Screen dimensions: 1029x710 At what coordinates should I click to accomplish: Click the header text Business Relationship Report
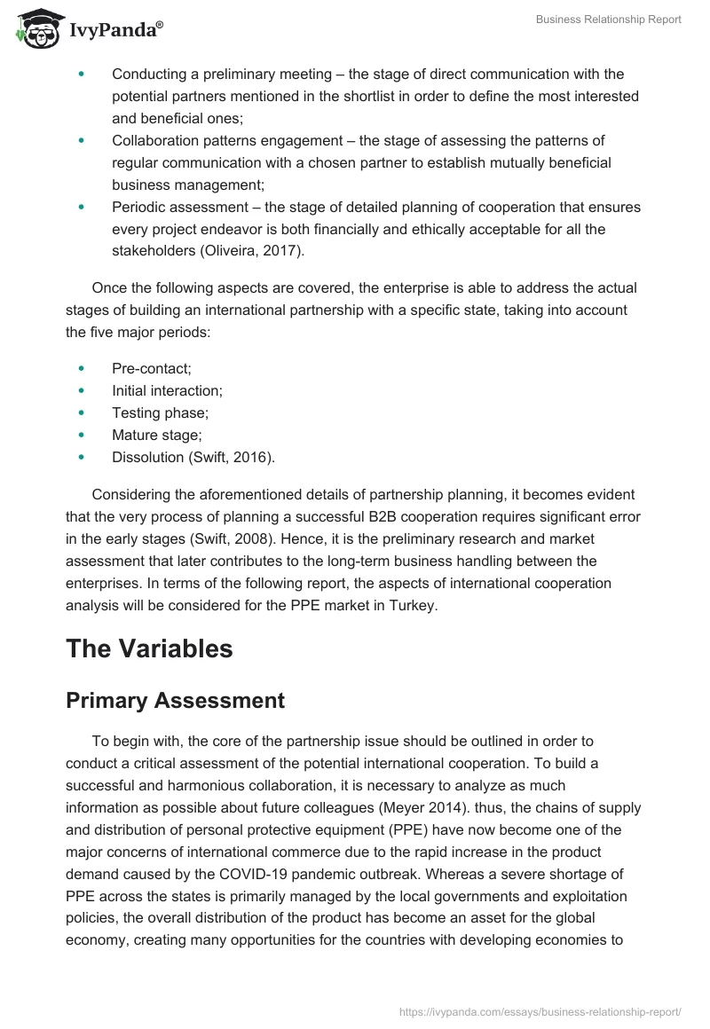tap(609, 20)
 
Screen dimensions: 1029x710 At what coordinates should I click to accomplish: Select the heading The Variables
tap(149, 648)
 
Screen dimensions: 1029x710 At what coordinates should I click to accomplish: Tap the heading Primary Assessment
tap(175, 700)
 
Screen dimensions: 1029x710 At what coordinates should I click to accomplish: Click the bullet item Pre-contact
tap(151, 367)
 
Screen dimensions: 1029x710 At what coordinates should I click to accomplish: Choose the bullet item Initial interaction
tap(167, 390)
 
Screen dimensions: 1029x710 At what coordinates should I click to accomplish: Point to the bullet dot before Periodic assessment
tap(82, 207)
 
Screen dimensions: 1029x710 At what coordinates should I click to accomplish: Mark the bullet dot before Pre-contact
tap(82, 367)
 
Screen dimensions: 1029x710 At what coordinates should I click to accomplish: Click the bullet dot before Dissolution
tap(82, 458)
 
